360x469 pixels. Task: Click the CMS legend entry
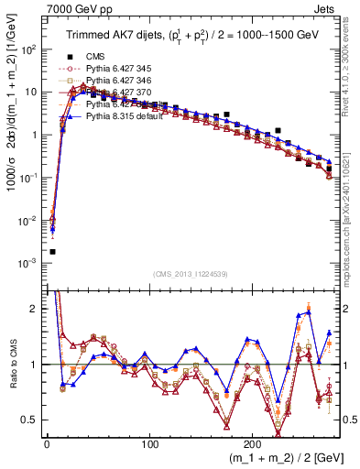point(96,57)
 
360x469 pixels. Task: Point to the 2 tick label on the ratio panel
point(35,309)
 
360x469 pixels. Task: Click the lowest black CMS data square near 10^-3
point(52,251)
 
